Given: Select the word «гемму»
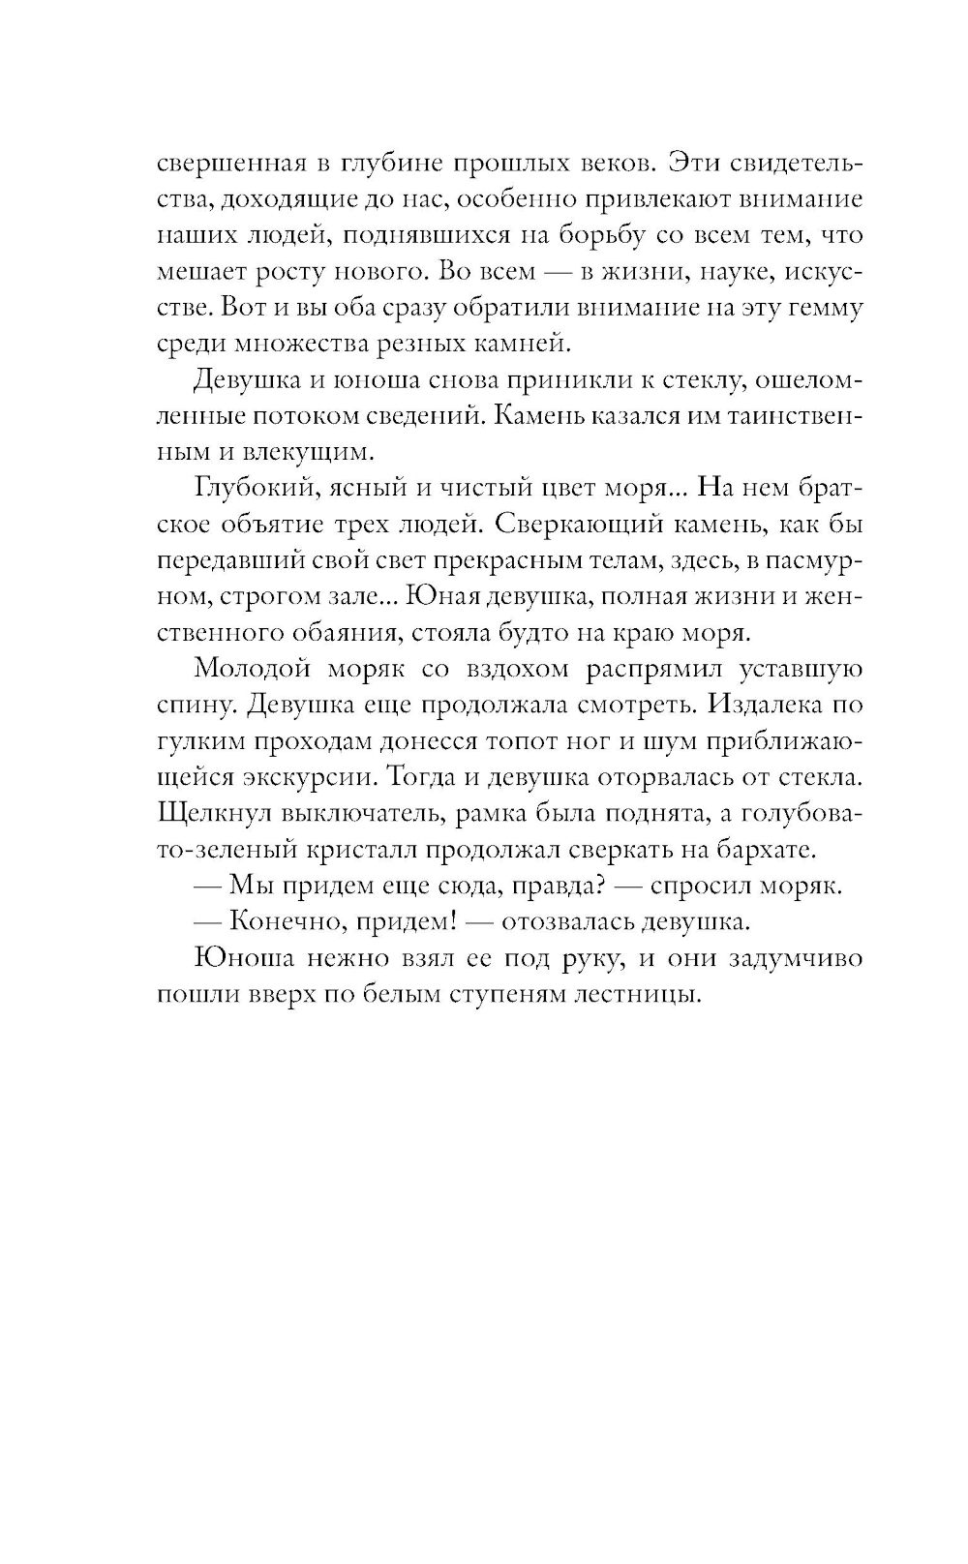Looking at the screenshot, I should (x=821, y=307).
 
